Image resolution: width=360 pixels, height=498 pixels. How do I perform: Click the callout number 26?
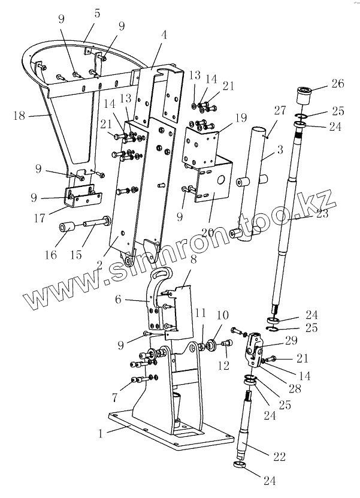click(337, 83)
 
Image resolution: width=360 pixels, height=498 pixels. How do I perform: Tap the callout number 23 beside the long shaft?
click(322, 214)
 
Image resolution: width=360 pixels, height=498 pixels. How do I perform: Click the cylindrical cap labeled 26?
click(304, 96)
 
